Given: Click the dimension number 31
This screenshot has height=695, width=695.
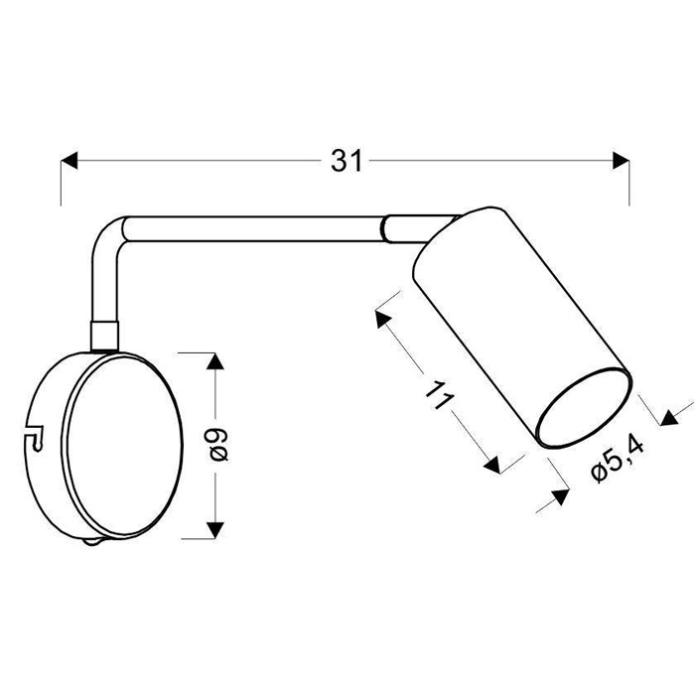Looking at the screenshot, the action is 347,161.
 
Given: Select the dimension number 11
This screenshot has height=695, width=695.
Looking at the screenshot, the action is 439,394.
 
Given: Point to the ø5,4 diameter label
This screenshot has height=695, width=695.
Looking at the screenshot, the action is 618,462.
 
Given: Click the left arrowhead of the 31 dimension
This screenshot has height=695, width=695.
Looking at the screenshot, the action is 69,160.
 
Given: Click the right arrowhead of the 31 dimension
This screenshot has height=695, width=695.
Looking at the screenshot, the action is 621,160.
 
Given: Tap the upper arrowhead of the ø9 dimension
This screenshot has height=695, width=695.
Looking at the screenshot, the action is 215,361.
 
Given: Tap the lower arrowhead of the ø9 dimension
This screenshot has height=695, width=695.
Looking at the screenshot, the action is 215,529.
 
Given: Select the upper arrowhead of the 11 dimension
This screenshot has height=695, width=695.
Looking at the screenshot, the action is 382,319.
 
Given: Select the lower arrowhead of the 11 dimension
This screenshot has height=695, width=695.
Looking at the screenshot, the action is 492,466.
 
